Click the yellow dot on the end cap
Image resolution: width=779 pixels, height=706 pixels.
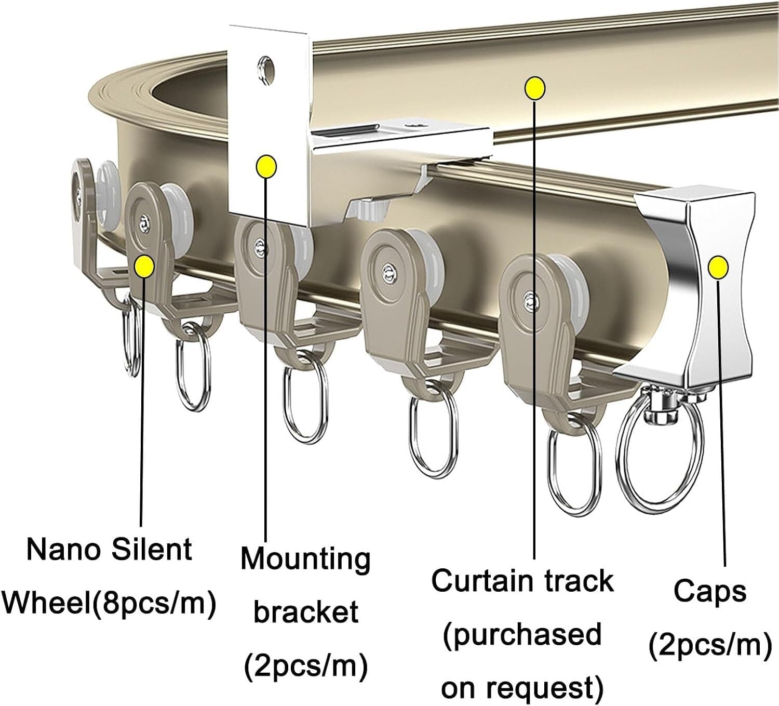point(718,267)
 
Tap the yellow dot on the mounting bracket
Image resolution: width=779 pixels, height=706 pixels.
point(266,167)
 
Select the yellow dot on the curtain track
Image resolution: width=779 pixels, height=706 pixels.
point(535,88)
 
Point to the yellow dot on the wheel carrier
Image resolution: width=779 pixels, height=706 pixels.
point(143,267)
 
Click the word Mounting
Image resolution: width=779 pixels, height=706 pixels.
point(305,559)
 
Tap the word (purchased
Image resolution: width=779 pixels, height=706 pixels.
point(522,635)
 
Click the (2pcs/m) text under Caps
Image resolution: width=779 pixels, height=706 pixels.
point(710,645)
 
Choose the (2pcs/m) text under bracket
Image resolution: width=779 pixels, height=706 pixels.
point(306,665)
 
